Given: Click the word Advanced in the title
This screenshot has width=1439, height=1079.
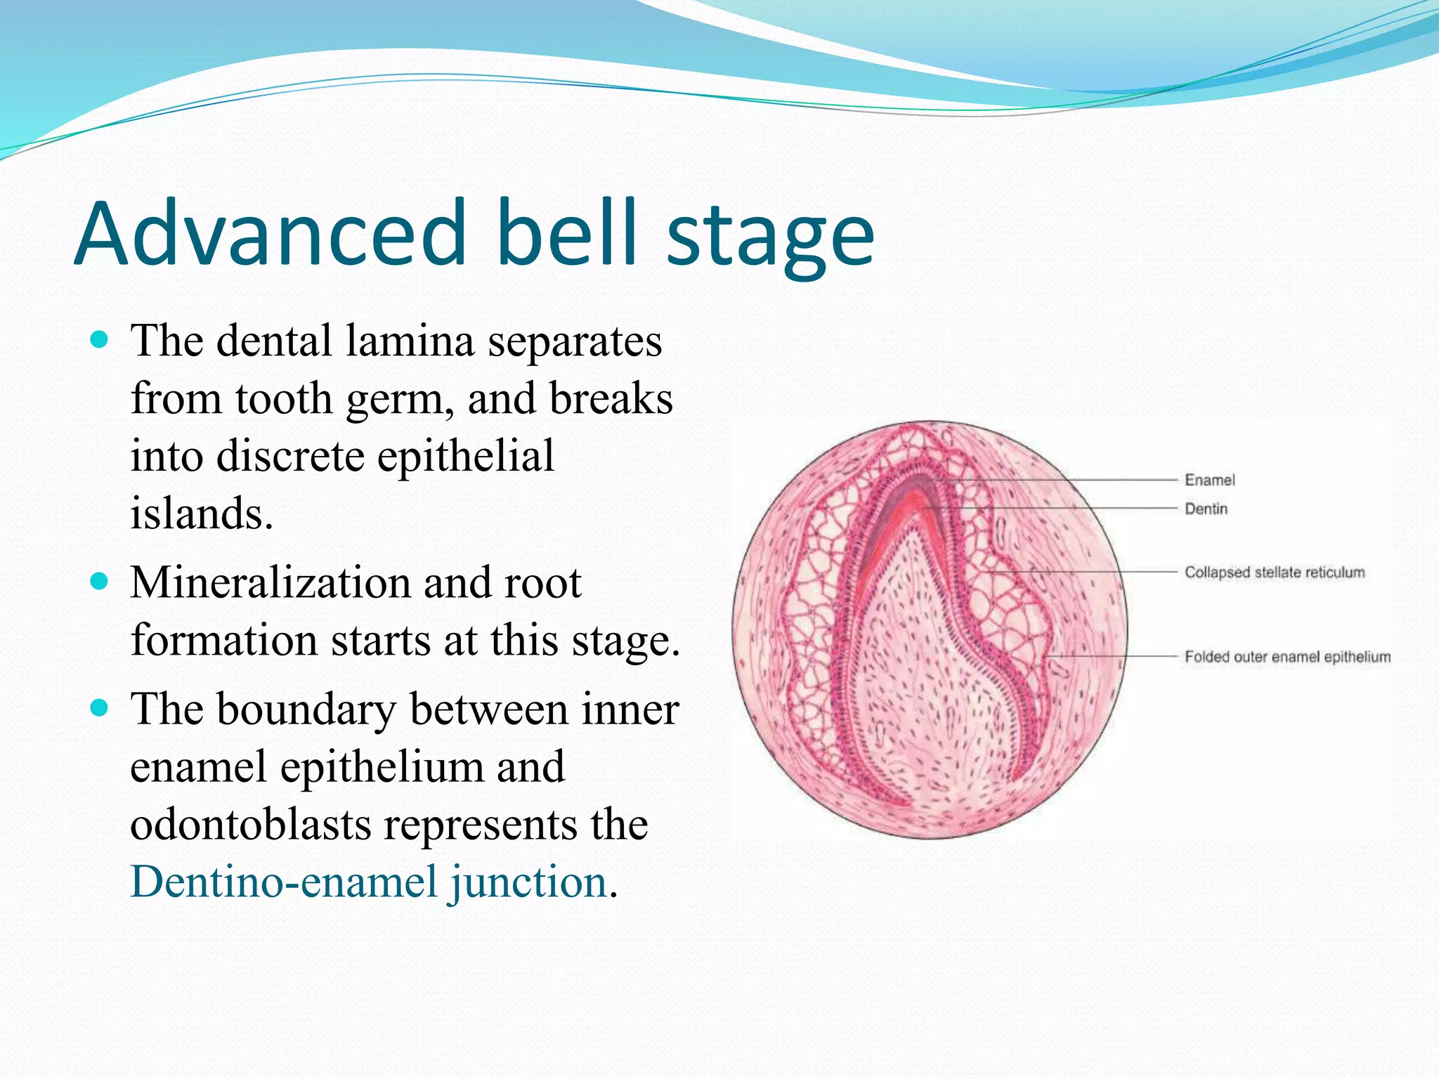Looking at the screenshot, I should [x=271, y=233].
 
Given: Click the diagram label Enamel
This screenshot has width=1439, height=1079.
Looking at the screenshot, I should [x=1209, y=480].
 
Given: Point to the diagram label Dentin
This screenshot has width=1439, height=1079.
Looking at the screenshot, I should [x=1206, y=509].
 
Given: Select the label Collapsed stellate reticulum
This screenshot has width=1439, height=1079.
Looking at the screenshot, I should [x=1275, y=573].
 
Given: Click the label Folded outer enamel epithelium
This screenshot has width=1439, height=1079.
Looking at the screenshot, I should [x=1287, y=657].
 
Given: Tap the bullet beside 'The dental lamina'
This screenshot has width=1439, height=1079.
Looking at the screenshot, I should [x=100, y=341].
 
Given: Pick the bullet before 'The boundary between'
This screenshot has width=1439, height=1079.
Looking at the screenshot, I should [x=100, y=708].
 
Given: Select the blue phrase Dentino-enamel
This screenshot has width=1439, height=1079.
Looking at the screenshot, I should [x=285, y=882].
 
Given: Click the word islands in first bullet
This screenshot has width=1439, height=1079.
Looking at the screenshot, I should [x=200, y=514].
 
